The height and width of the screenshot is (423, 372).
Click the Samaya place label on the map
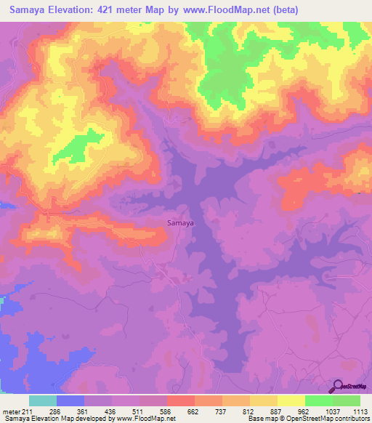180,223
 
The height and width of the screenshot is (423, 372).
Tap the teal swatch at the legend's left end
43,400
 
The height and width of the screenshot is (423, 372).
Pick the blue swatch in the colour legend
70,400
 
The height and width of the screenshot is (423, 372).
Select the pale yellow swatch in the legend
291,400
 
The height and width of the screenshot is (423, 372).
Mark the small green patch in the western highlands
85,145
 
